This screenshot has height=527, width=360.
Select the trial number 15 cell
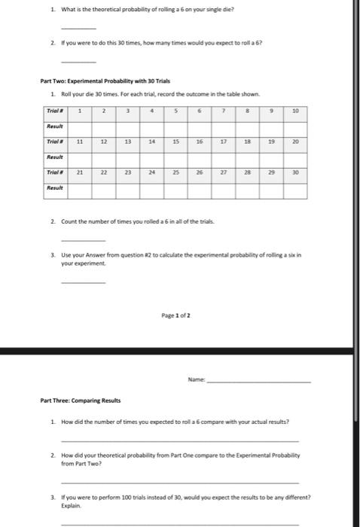point(176,140)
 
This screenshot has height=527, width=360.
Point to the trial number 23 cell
point(128,171)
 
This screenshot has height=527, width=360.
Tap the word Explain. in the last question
point(69,507)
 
